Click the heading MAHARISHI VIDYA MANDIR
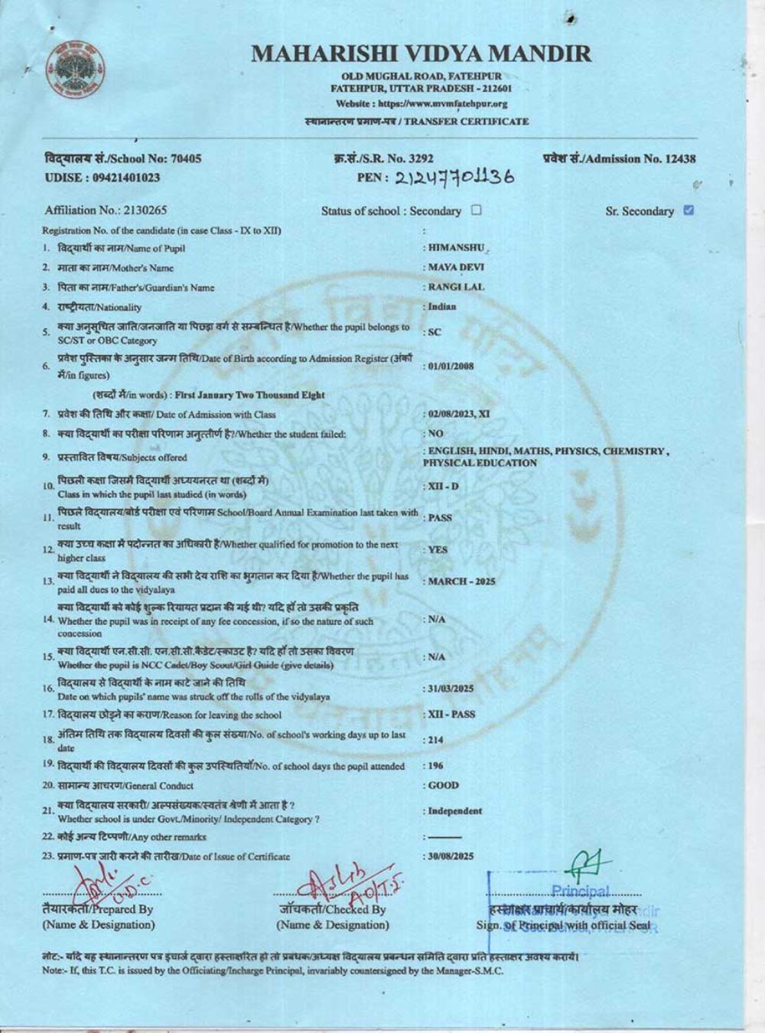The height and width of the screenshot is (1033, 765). point(422,54)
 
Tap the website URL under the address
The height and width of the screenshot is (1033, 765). point(422,104)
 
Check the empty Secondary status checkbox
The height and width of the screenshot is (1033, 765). point(477,210)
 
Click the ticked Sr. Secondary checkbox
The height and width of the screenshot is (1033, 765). point(688,210)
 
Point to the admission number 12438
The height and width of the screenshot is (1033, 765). point(680,158)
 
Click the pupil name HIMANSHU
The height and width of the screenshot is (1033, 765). point(457,248)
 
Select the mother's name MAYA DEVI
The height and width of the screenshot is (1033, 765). point(456,268)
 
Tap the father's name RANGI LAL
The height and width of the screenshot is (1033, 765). point(456,287)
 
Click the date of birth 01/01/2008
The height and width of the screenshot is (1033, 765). point(451,366)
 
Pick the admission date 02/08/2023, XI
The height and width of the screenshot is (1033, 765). point(458,414)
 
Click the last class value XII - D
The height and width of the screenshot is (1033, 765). point(443,487)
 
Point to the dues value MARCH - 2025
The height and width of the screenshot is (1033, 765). point(461,582)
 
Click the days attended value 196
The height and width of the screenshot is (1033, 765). point(435,765)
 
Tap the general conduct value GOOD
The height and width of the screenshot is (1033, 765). point(443,785)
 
